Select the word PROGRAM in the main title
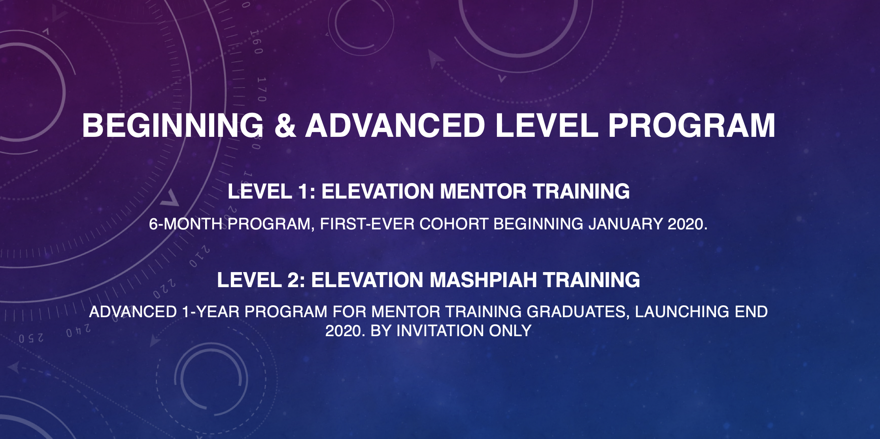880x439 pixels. click(x=691, y=125)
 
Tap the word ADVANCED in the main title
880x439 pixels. click(x=395, y=125)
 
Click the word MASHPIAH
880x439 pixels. click(x=483, y=280)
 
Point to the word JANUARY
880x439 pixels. click(x=625, y=224)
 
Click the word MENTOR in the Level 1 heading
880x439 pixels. click(x=483, y=191)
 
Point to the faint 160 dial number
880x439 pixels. click(x=257, y=42)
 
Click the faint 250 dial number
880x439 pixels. click(x=31, y=339)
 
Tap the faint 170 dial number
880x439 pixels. click(x=261, y=89)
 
